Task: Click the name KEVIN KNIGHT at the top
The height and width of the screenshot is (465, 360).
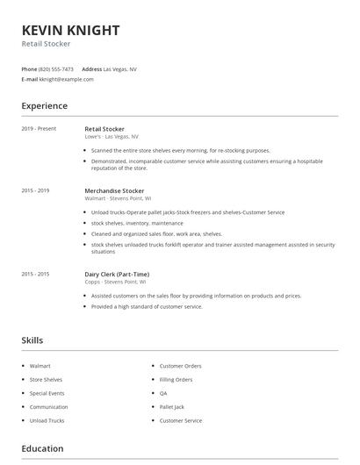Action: tap(70, 30)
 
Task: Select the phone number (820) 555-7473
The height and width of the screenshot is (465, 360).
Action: tap(57, 68)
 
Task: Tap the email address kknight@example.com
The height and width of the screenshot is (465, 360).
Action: tap(67, 79)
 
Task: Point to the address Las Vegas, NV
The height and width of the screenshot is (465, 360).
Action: tap(120, 68)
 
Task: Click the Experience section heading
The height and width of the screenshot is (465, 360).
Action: tap(44, 106)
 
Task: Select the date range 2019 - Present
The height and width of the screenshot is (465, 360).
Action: tap(39, 129)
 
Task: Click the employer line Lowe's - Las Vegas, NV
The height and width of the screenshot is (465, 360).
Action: tap(112, 137)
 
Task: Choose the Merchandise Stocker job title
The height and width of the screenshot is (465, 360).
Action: tap(114, 190)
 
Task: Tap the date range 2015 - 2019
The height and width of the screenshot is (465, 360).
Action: tap(35, 190)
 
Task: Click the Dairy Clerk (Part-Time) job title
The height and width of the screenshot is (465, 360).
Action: tap(117, 274)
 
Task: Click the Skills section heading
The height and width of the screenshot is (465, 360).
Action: tap(32, 340)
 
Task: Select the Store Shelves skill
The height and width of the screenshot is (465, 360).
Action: tap(47, 379)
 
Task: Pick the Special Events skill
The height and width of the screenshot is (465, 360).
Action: tap(47, 393)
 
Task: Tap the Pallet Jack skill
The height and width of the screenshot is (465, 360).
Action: tap(171, 407)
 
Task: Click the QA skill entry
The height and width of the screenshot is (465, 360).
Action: tap(163, 393)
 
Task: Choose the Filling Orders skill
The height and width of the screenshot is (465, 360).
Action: tap(176, 379)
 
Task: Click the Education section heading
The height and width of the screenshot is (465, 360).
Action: tap(42, 448)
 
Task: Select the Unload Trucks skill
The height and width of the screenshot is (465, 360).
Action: tap(47, 421)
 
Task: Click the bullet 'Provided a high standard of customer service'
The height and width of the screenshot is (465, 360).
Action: tap(147, 306)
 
